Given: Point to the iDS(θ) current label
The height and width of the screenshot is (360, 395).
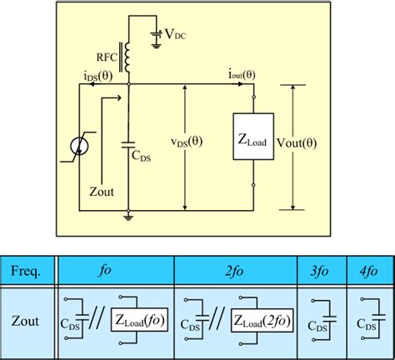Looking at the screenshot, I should pyautogui.click(x=101, y=76).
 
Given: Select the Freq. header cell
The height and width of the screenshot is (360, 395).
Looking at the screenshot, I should pyautogui.click(x=28, y=271).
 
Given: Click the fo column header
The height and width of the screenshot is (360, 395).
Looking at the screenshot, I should pyautogui.click(x=114, y=271).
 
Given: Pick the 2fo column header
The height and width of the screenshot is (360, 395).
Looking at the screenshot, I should pyautogui.click(x=235, y=271).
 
